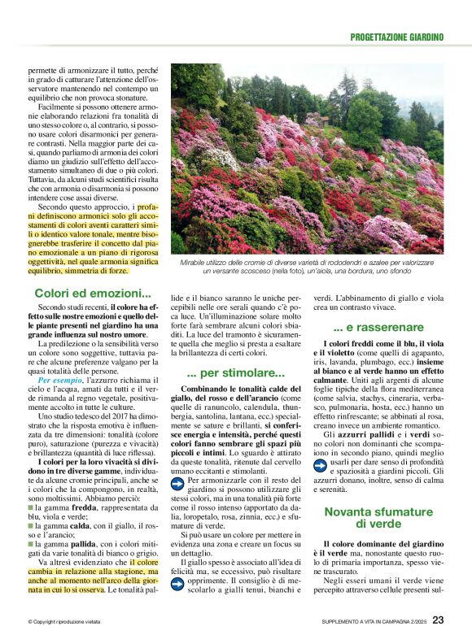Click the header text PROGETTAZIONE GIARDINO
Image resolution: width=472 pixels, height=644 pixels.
(396, 37)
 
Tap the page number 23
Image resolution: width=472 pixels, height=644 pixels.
(438, 620)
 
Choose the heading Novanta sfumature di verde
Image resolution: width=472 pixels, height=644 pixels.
(378, 518)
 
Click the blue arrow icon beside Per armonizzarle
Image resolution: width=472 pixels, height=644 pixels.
(180, 484)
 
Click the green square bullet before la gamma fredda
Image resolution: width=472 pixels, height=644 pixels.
(30, 508)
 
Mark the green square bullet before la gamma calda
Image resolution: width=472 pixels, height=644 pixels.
(30, 526)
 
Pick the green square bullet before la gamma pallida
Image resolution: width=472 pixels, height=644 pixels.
(30, 544)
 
